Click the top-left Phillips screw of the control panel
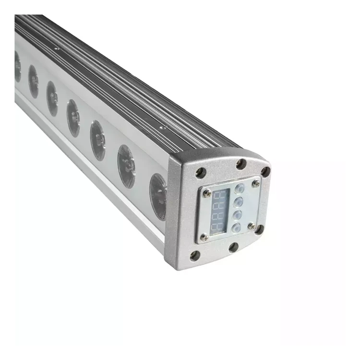click(x=206, y=193)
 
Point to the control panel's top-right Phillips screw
click(x=256, y=182)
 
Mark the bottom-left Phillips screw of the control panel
click(x=204, y=237)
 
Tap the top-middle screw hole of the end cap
click(x=241, y=164)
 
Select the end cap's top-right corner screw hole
click(x=265, y=171)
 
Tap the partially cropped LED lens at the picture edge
click(x=17, y=66)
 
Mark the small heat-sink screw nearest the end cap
click(x=163, y=128)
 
